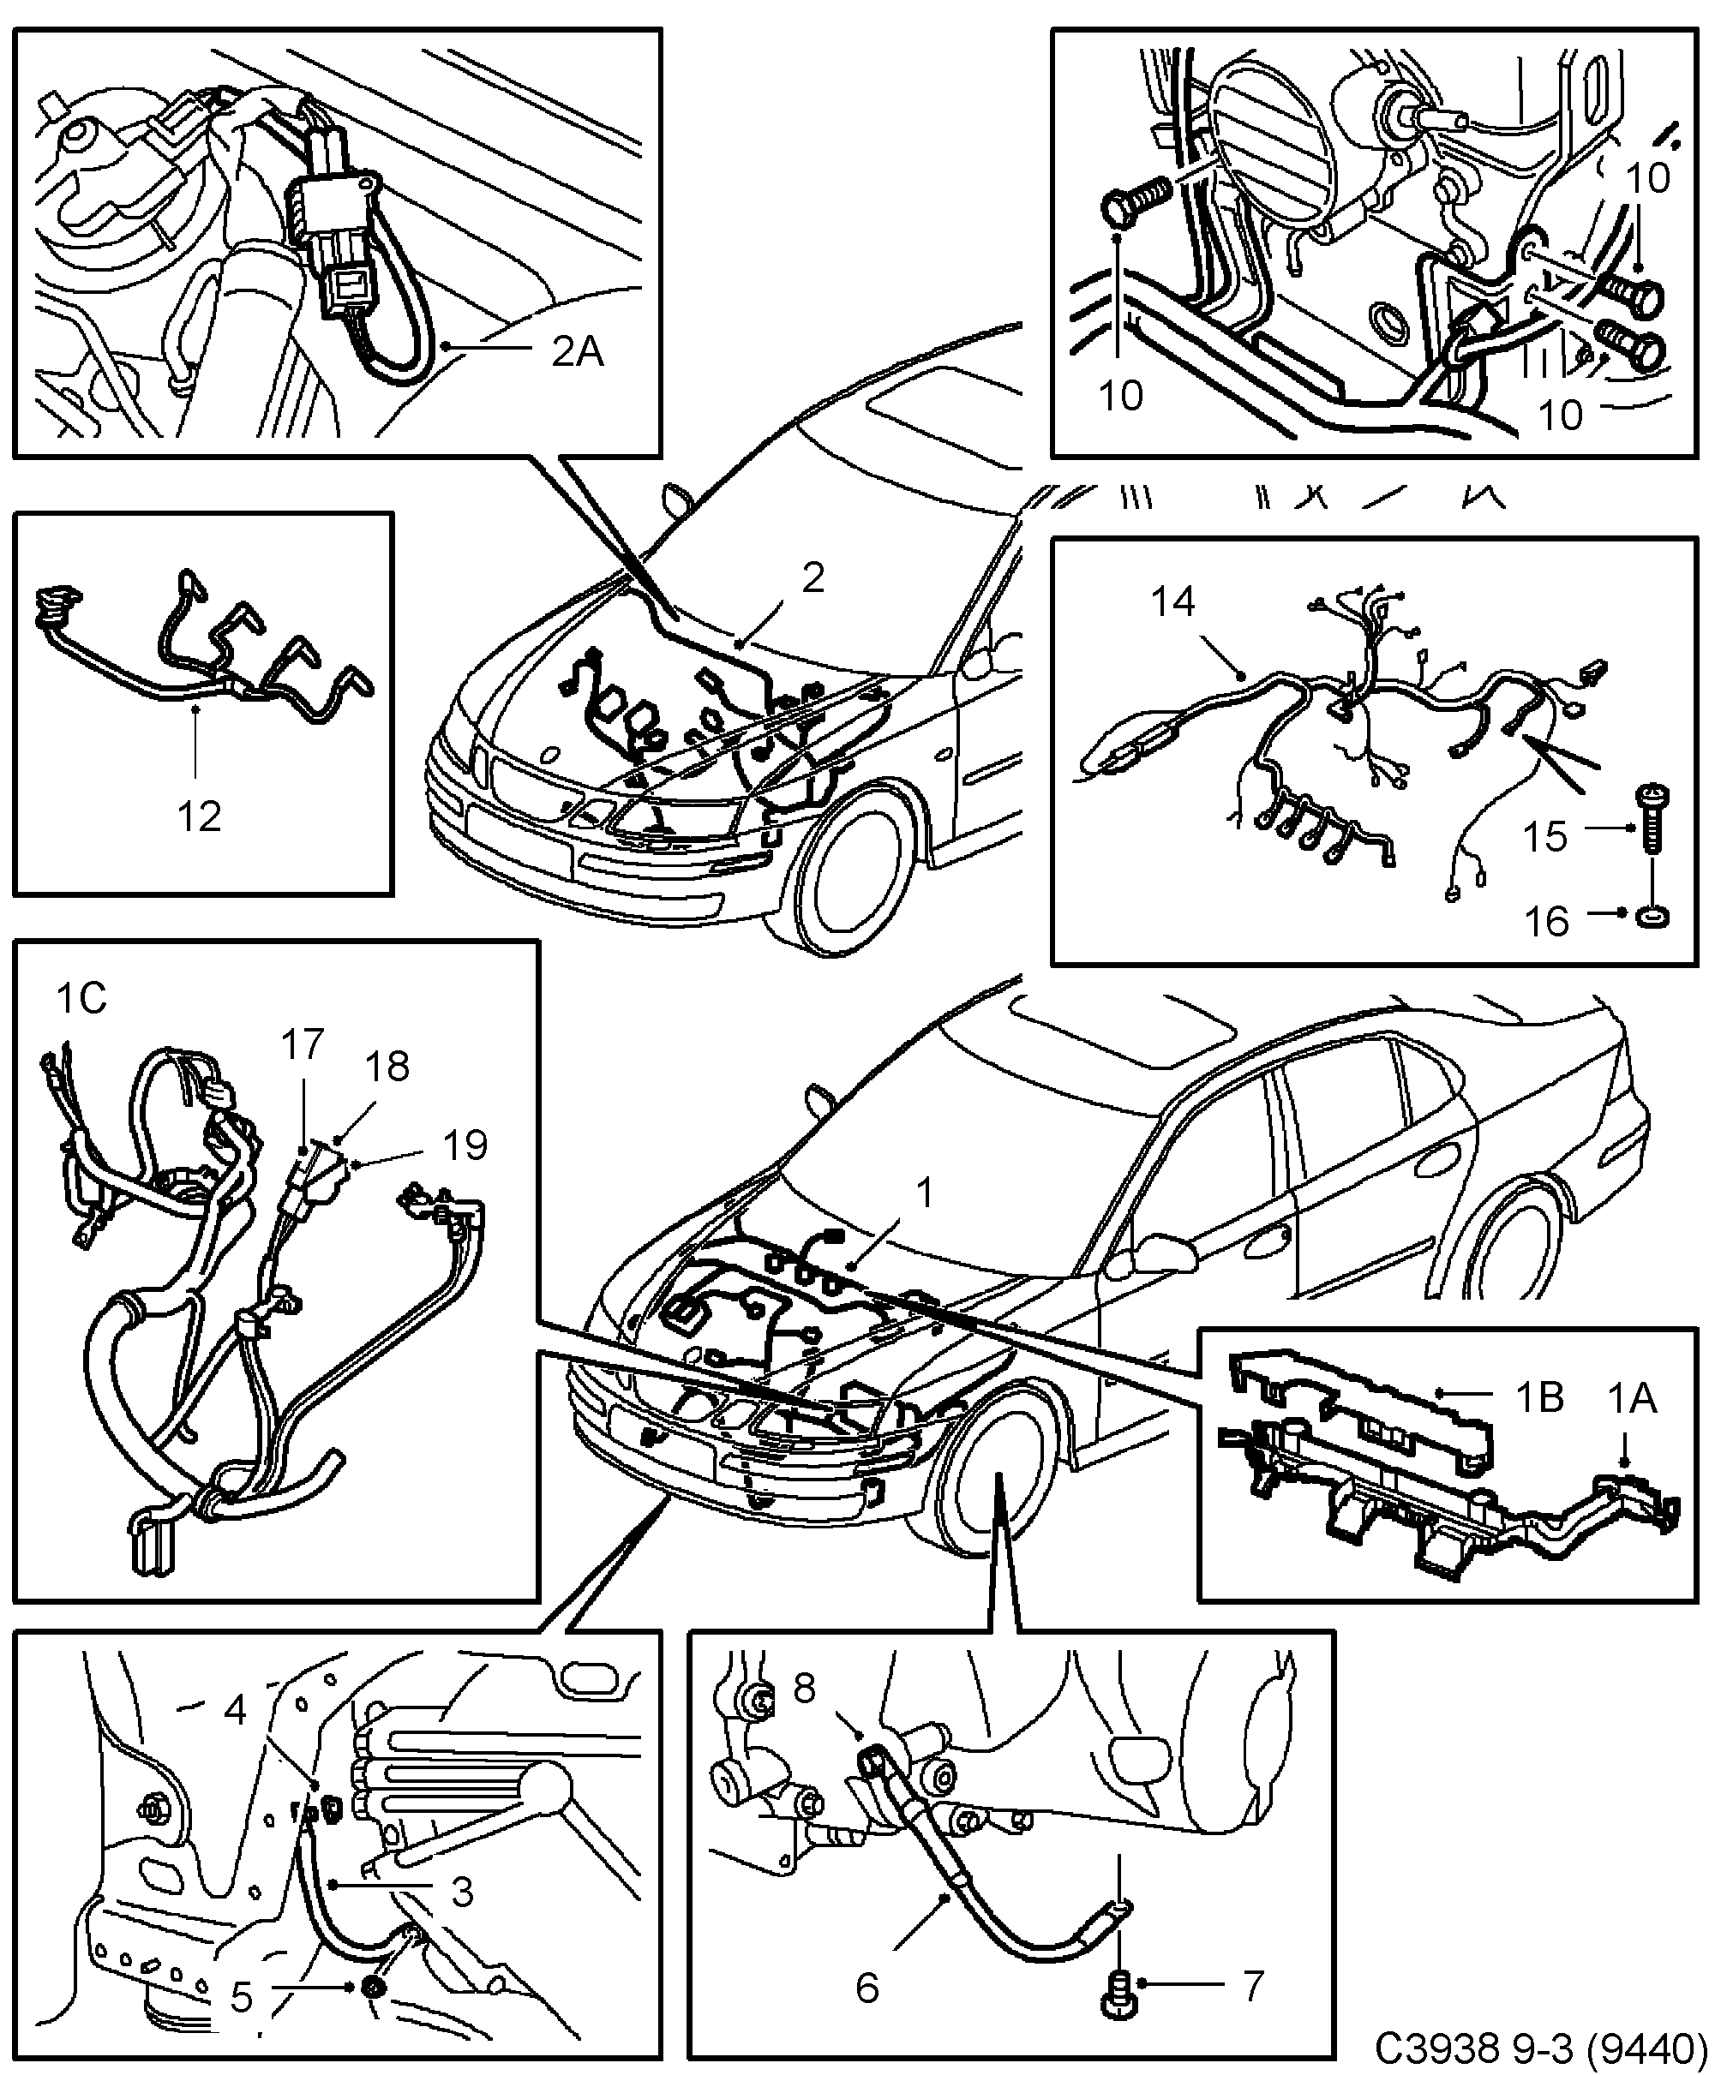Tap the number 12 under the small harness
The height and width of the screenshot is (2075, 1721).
coord(199,816)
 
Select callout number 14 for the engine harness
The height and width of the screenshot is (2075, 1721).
coord(1173,601)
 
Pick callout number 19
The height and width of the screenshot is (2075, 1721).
coord(465,1145)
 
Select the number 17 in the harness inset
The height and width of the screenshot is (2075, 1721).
coord(303,1044)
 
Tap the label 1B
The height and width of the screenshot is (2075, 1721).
coord(1540,1398)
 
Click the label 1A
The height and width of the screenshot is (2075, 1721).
coord(1631,1398)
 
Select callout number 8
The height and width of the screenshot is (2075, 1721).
coord(805,1689)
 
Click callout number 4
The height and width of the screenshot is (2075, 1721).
coord(234,1709)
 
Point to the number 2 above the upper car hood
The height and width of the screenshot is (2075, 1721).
coord(813,577)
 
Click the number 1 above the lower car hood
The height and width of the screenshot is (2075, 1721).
coord(924,1193)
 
